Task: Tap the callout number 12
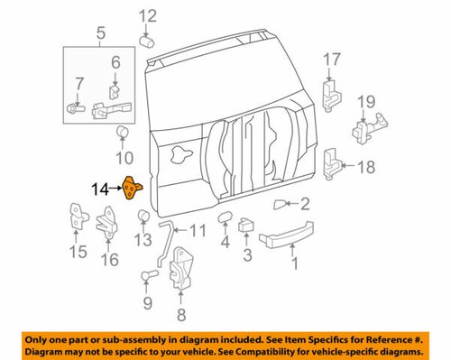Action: [x=146, y=14]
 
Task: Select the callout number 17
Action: [x=332, y=60]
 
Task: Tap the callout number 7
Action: [x=78, y=84]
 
